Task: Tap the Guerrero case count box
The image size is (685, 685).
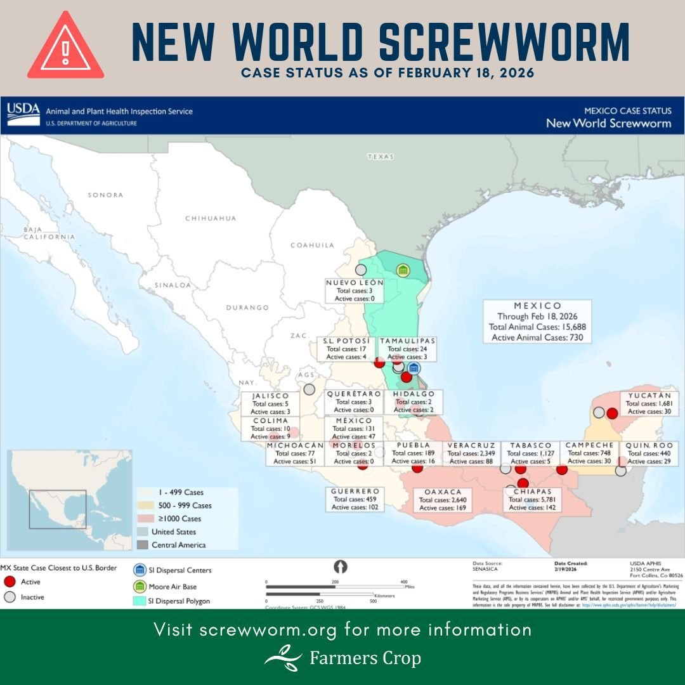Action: (355, 499)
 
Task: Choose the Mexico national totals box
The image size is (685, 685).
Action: (537, 322)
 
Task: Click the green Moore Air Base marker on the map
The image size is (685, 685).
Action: (402, 270)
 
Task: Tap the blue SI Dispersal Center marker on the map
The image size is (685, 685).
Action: (414, 368)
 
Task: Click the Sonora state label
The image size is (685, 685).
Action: (105, 195)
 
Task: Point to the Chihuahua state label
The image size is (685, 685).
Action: (211, 218)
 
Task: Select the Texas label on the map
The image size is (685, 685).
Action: (381, 156)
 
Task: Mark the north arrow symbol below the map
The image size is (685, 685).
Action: (340, 566)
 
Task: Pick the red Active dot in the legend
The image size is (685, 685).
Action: (9, 582)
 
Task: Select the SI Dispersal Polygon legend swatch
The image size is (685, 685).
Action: (139, 601)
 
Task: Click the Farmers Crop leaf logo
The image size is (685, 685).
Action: (283, 658)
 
